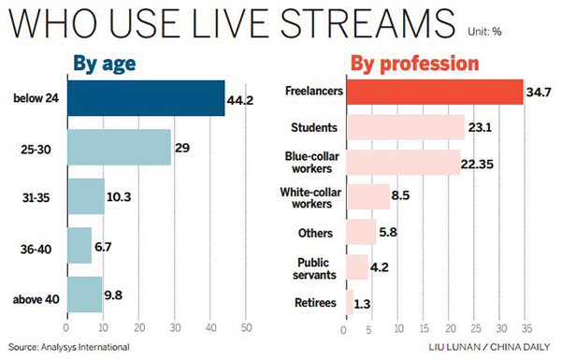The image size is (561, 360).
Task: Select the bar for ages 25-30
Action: point(119,148)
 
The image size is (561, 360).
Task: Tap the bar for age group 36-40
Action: point(79,245)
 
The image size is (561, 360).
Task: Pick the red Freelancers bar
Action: point(434,92)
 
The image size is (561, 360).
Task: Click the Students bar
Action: point(405,126)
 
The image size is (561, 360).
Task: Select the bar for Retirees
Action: point(349,301)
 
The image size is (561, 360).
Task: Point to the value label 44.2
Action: point(242,98)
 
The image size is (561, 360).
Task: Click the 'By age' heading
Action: point(106,65)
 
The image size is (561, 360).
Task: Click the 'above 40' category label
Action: point(36,300)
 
